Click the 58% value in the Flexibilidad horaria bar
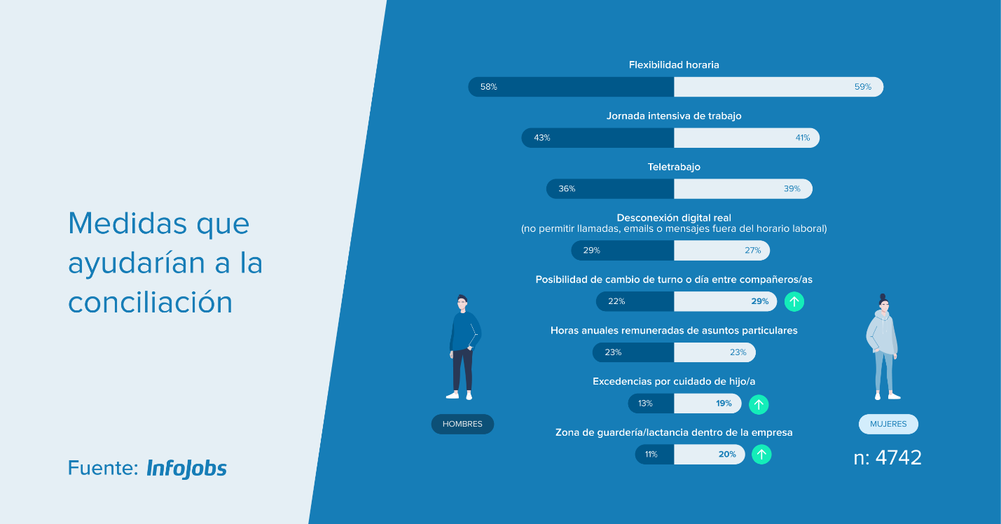pos(488,87)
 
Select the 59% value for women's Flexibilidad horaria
pos(862,87)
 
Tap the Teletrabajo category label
pos(674,167)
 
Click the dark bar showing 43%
pos(598,137)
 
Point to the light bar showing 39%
pos(743,188)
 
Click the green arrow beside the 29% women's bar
pos(794,301)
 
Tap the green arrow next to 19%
pos(759,405)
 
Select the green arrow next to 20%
pos(761,455)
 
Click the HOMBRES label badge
pos(462,424)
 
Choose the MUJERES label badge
pos(888,424)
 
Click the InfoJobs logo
pos(186,469)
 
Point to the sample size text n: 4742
pos(888,457)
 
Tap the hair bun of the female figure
pos(883,296)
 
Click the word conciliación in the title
pos(150,302)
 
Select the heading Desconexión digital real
pos(674,218)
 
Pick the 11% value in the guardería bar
pos(651,455)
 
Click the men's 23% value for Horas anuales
pos(613,352)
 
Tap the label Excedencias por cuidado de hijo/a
pos(674,382)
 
